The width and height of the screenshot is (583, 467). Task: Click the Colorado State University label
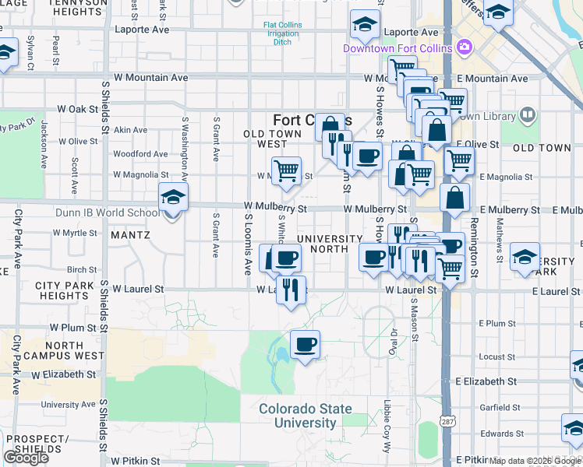click(x=305, y=416)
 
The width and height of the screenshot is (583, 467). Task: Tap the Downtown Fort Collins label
click(x=397, y=49)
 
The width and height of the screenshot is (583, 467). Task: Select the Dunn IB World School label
click(x=108, y=212)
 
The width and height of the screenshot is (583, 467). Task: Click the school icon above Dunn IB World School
click(x=173, y=198)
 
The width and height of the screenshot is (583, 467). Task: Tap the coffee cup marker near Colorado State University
click(x=305, y=344)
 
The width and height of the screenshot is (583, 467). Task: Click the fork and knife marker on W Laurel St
click(x=291, y=290)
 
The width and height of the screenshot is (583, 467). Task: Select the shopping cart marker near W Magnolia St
click(x=286, y=170)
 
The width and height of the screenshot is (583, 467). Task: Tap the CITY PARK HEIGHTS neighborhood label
click(x=65, y=291)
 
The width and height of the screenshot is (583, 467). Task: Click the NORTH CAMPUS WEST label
click(x=64, y=350)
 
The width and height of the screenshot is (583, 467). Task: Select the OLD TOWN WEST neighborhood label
click(x=277, y=139)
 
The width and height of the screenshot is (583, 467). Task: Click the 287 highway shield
click(x=447, y=420)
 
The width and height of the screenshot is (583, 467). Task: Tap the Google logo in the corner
click(x=26, y=458)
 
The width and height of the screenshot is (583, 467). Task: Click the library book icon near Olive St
click(x=528, y=116)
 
